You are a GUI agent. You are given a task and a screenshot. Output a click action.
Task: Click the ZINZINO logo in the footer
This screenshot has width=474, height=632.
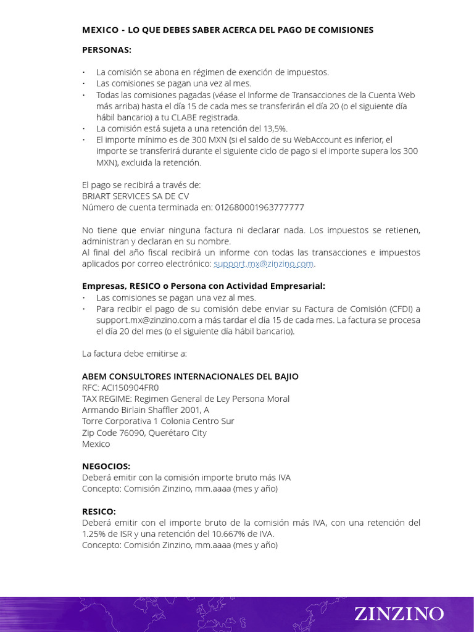[399, 613]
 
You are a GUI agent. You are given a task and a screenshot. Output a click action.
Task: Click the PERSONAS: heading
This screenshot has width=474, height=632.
[107, 50]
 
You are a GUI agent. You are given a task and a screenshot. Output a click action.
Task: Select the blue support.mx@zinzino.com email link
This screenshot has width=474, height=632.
[264, 264]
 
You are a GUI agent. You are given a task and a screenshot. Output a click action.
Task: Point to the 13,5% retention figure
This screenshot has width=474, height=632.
[273, 128]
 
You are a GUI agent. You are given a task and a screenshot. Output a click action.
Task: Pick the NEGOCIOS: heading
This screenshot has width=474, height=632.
[106, 466]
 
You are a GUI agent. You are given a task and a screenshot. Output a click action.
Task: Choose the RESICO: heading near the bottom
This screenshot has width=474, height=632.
[99, 512]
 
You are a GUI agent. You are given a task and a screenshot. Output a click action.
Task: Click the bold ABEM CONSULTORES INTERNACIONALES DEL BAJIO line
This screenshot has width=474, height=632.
[190, 376]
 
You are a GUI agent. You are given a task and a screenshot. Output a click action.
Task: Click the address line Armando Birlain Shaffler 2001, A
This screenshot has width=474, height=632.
[146, 410]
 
